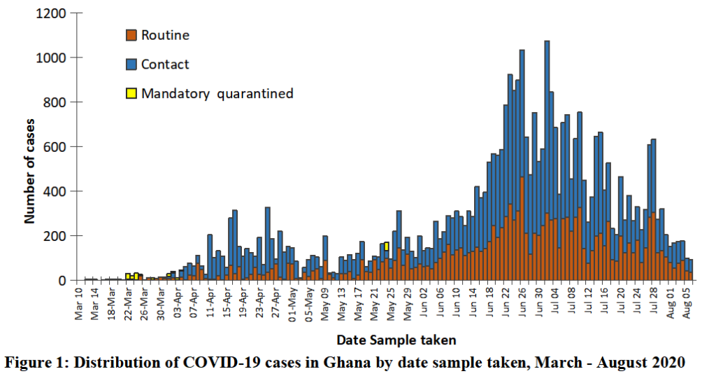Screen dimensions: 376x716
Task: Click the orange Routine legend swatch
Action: coord(131,35)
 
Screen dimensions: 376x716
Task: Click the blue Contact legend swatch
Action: coord(131,64)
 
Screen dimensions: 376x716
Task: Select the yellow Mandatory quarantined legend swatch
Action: coord(131,93)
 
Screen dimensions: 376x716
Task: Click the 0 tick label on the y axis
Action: coord(62,281)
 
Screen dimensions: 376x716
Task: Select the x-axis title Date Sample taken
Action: coord(396,340)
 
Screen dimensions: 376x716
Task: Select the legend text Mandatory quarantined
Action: coord(217,93)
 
